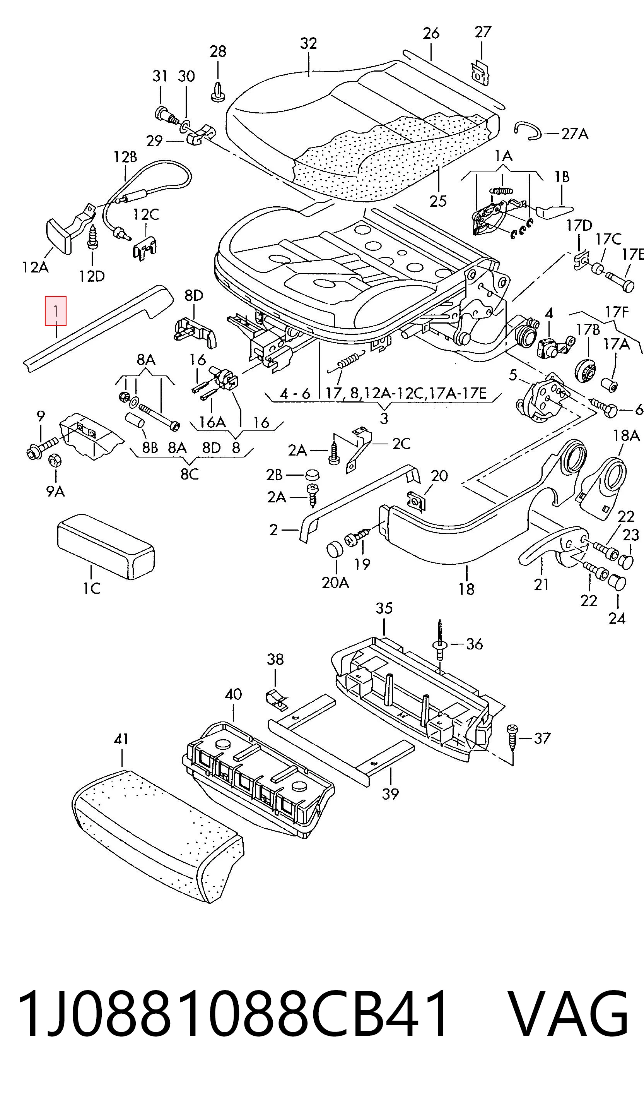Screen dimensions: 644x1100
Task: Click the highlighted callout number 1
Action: [x=56, y=311]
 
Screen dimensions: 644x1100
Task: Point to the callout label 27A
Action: [x=574, y=134]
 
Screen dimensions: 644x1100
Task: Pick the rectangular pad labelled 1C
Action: [x=106, y=546]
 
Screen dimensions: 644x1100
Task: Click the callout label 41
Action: [x=121, y=739]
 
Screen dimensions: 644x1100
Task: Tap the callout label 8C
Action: [x=190, y=474]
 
